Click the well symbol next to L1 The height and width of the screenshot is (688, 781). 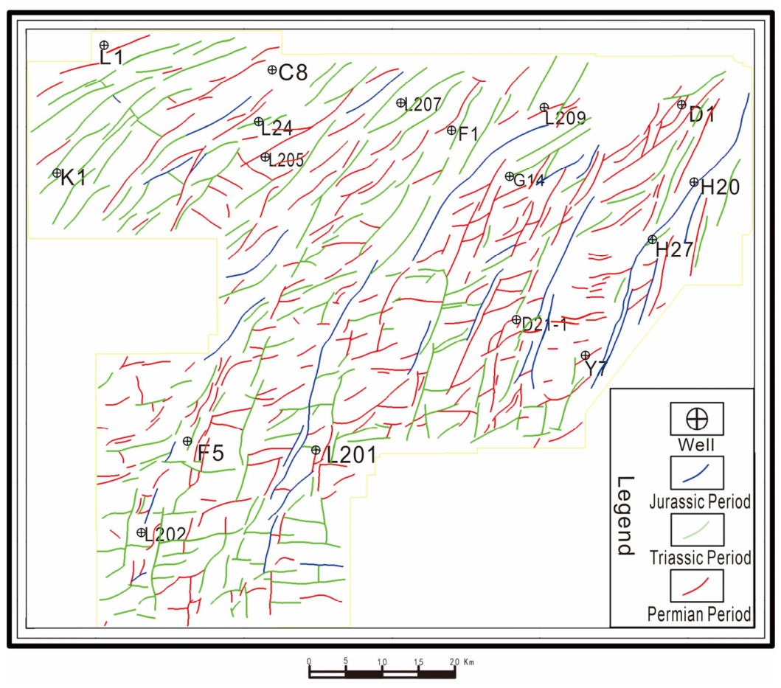pyautogui.click(x=103, y=45)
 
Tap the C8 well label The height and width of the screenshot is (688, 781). pyautogui.click(x=293, y=73)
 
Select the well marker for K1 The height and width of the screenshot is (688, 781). pyautogui.click(x=57, y=173)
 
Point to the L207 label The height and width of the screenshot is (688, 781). pyautogui.click(x=423, y=105)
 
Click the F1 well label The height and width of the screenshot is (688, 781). pyautogui.click(x=468, y=133)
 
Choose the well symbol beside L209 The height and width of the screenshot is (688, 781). pyautogui.click(x=544, y=107)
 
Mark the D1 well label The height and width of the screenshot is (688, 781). pyautogui.click(x=702, y=115)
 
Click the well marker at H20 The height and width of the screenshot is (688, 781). pyautogui.click(x=694, y=182)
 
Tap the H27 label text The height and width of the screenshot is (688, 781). pyautogui.click(x=674, y=249)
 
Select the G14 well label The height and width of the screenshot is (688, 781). pyautogui.click(x=529, y=180)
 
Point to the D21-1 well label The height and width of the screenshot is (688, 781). pyautogui.click(x=544, y=324)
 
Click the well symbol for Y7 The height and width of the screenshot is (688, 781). pyautogui.click(x=586, y=355)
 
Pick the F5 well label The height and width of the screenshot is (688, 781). pyautogui.click(x=211, y=453)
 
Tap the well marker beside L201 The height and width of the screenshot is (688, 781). pyautogui.click(x=316, y=450)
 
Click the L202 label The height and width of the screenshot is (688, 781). pyautogui.click(x=166, y=535)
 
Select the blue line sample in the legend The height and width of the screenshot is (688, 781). pyautogui.click(x=695, y=473)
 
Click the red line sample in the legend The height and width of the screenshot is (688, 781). pyautogui.click(x=695, y=586)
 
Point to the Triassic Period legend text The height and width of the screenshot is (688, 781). pyautogui.click(x=700, y=557)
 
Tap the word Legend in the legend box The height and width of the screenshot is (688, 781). pyautogui.click(x=625, y=515)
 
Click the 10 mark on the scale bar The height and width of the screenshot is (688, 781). pyautogui.click(x=381, y=662)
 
